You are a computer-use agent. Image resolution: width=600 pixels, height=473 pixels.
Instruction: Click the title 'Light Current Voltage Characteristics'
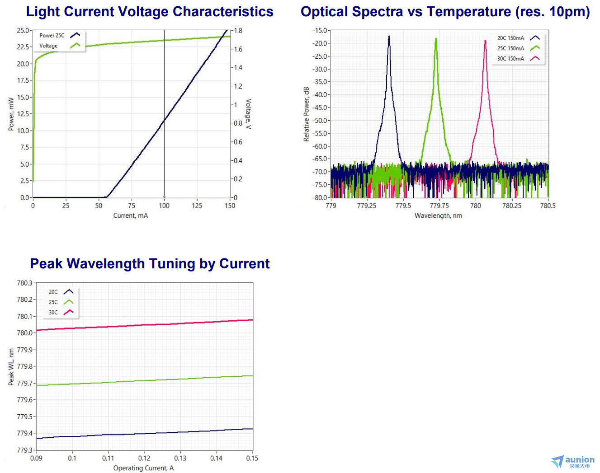(x=149, y=12)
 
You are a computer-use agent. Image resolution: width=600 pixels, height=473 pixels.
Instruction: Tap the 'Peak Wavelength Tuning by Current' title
(x=150, y=263)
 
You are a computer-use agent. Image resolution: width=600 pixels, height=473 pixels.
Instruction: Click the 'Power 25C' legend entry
(x=52, y=35)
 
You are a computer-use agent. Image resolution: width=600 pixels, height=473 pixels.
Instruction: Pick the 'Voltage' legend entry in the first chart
(x=48, y=46)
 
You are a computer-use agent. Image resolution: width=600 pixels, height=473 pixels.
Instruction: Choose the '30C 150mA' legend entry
(x=510, y=59)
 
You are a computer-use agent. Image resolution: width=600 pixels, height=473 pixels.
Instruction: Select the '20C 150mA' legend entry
(x=510, y=38)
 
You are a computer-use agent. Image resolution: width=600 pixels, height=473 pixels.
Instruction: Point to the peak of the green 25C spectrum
(x=436, y=39)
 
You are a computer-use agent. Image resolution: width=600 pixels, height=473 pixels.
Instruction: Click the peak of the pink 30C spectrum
(x=485, y=41)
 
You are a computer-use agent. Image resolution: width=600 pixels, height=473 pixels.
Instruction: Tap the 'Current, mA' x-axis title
(x=130, y=215)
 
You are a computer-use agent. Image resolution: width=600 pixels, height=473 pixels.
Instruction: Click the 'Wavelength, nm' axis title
(x=438, y=215)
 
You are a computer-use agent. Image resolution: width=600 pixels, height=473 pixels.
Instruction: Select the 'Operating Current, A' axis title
(x=143, y=468)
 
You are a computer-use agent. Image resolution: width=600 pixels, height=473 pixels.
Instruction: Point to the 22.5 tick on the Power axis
(x=24, y=47)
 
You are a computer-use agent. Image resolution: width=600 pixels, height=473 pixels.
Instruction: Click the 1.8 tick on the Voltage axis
(x=238, y=31)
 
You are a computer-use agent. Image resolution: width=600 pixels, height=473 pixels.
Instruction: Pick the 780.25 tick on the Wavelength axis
(x=511, y=206)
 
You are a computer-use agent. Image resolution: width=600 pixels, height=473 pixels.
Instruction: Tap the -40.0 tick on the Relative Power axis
(x=320, y=95)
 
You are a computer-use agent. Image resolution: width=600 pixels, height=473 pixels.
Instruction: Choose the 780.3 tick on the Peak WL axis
(x=25, y=283)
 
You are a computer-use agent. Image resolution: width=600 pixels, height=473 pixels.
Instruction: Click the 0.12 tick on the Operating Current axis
(x=144, y=458)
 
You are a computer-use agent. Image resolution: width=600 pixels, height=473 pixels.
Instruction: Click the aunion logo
(x=573, y=462)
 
